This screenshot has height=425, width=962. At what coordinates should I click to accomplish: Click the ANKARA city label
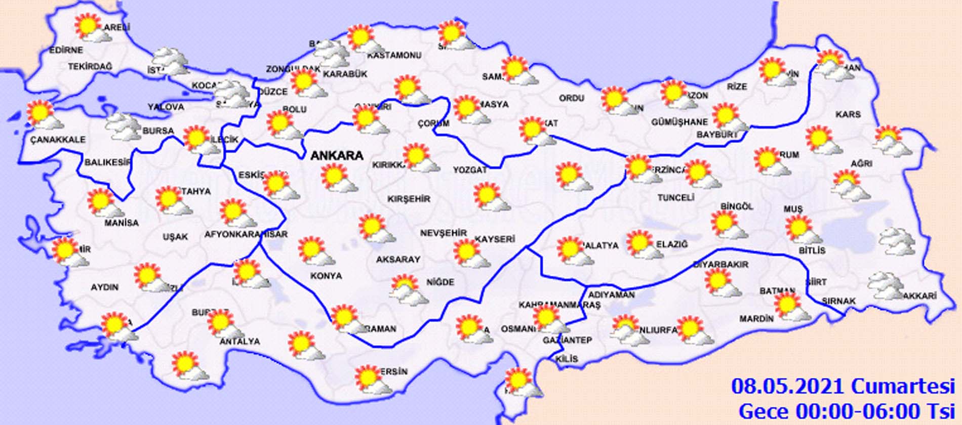(x=337, y=156)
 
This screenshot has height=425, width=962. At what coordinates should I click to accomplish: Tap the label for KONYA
(x=326, y=276)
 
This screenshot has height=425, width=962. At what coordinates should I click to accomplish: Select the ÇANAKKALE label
(x=58, y=140)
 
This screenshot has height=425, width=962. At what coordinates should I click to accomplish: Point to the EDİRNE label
(x=66, y=50)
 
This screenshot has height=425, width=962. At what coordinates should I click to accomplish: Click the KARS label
(x=848, y=114)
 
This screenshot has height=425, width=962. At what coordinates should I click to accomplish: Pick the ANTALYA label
(x=239, y=342)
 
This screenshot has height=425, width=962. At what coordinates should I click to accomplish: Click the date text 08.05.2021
(x=788, y=387)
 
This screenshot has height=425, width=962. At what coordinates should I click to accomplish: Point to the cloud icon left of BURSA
(x=124, y=126)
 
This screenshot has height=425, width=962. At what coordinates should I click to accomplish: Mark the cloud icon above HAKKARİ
(x=886, y=285)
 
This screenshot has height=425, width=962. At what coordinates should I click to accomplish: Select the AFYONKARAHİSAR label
(x=246, y=234)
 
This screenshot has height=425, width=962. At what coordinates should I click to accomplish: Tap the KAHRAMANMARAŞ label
(x=559, y=305)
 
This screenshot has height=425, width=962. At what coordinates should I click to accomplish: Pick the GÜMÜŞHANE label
(x=679, y=122)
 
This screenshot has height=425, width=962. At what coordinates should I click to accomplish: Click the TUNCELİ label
(x=675, y=198)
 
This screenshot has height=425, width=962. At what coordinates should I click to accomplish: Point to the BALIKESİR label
(x=107, y=162)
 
